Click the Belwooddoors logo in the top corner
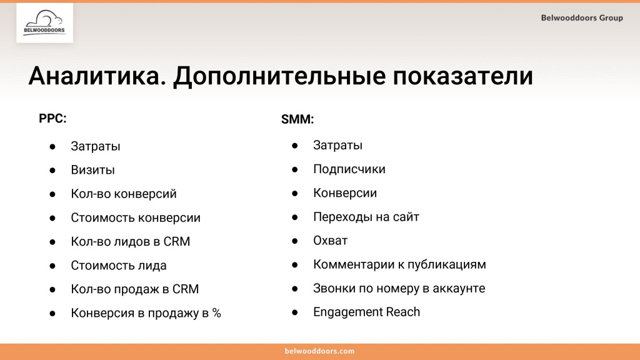tap(44, 23)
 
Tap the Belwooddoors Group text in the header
tap(582, 18)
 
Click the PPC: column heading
tap(52, 119)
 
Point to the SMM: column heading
tap(297, 119)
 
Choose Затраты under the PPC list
tap(96, 146)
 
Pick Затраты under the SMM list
tap(337, 146)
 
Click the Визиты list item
tap(92, 170)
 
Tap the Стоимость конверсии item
tap(136, 218)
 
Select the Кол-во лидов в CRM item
tap(130, 242)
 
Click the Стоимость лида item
tap(119, 266)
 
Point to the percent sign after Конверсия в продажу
tap(216, 314)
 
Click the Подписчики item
tap(349, 169)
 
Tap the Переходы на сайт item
tap(366, 217)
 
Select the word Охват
tap(330, 241)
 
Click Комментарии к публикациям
tap(399, 264)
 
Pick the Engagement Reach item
tap(366, 312)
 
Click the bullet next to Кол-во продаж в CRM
tap(53, 290)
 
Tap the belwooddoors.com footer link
tap(319, 351)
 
